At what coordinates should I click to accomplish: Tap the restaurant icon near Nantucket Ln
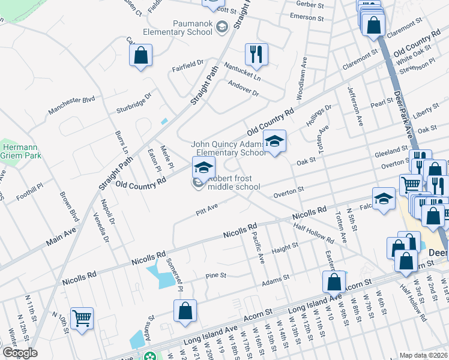click(x=256, y=54)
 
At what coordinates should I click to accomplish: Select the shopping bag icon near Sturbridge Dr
click(x=140, y=56)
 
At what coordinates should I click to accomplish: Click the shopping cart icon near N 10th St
click(x=82, y=318)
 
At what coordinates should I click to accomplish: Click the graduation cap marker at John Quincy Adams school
click(x=274, y=142)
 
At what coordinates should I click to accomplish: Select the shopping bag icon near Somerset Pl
click(x=185, y=311)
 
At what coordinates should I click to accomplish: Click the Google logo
click(x=19, y=353)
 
